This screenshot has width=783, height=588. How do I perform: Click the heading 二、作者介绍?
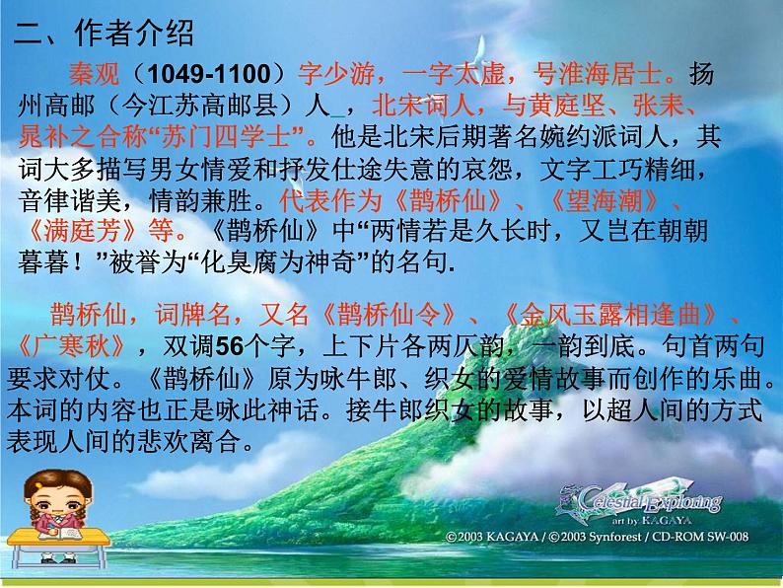[104, 34]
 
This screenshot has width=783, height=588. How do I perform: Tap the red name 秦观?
[94, 74]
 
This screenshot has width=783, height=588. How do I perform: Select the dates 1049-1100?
[209, 74]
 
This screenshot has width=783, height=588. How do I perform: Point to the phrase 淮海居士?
[610, 74]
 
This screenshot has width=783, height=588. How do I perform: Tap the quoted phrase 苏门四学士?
[226, 136]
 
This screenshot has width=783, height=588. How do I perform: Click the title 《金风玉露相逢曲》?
[609, 315]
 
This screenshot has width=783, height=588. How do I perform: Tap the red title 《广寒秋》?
[70, 345]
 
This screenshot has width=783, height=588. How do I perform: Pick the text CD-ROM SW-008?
[700, 537]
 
